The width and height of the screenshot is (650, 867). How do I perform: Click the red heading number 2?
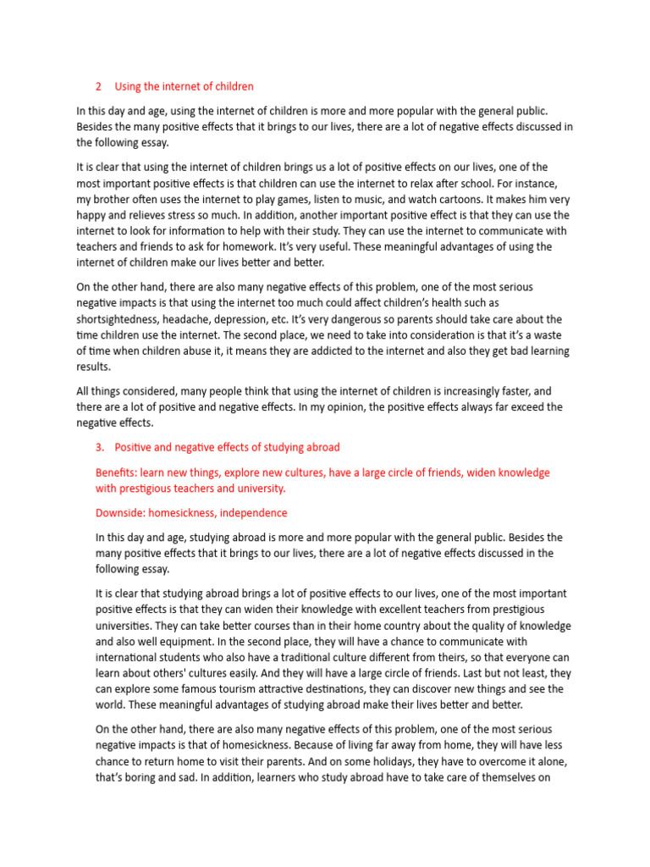click(98, 86)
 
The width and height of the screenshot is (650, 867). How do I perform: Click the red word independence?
click(245, 513)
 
